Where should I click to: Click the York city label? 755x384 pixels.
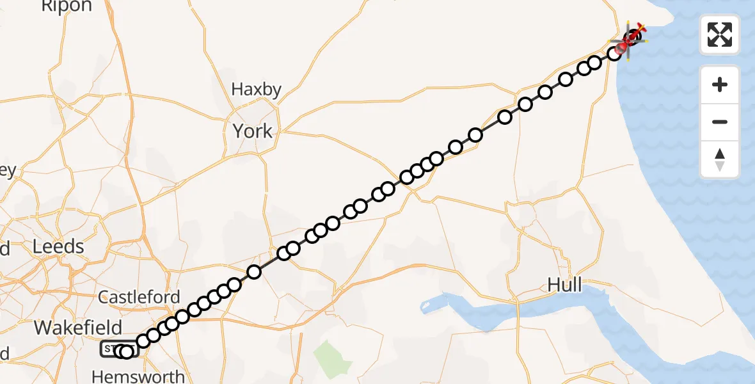(252, 131)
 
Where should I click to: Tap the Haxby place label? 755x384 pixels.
(256, 89)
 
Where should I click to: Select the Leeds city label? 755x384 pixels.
(59, 246)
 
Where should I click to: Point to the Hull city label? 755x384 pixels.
(565, 284)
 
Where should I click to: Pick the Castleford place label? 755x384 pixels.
(139, 297)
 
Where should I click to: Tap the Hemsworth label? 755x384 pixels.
(138, 376)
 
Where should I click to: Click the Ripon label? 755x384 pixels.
(67, 6)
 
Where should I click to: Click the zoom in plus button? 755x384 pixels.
(720, 84)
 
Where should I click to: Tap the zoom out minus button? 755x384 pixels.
(720, 122)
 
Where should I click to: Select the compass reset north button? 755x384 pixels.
(720, 159)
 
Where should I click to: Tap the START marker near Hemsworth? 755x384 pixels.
(111, 349)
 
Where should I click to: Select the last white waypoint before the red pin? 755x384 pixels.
(614, 53)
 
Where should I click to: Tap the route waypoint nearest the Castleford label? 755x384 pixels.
(172, 323)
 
